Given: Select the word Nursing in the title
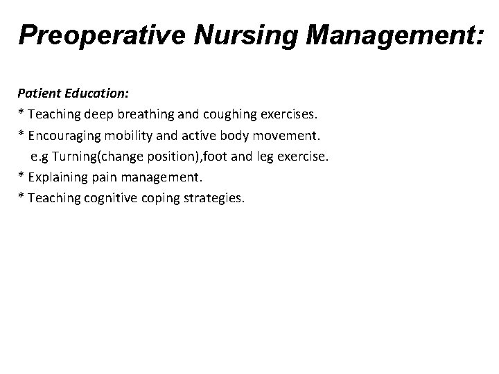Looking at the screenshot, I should (x=235, y=35).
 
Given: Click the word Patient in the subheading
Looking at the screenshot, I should (x=38, y=91).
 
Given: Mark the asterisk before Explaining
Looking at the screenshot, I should (x=21, y=175).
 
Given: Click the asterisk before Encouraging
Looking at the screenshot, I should (x=21, y=132).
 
